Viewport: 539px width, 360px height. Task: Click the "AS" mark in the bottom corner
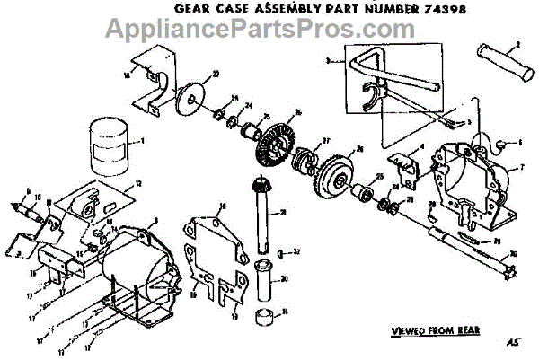514,343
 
